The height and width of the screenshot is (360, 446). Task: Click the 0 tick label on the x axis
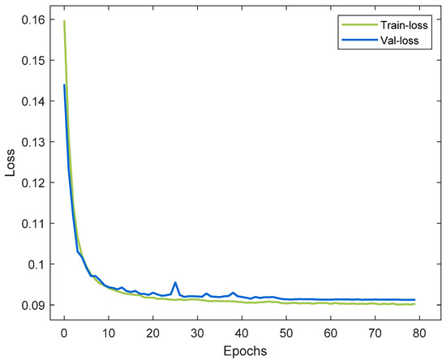click(64, 331)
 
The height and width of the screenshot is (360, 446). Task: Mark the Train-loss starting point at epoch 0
click(64, 21)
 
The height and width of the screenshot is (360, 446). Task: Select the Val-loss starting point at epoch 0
click(64, 85)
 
